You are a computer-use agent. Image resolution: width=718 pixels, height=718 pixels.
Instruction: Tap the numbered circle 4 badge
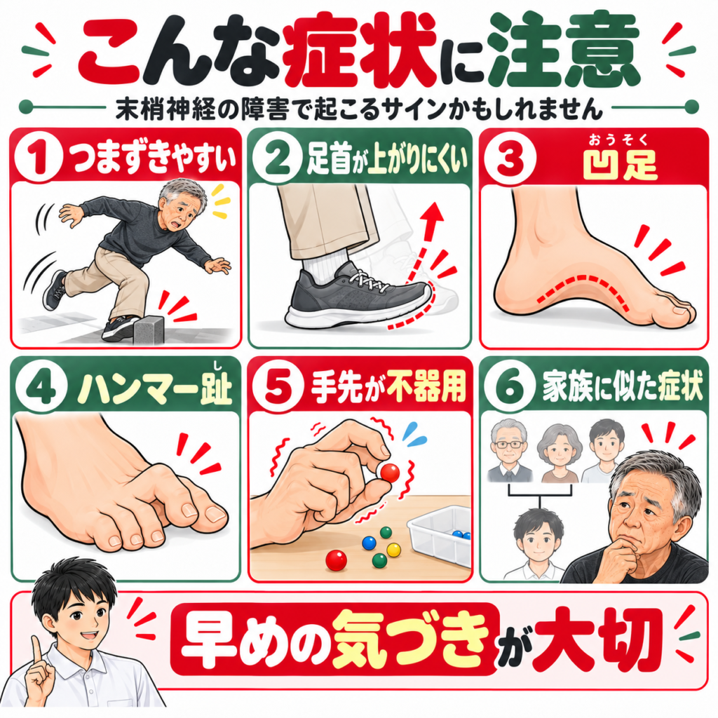tap(40, 390)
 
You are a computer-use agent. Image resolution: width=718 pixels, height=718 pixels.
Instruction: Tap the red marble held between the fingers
tap(390, 473)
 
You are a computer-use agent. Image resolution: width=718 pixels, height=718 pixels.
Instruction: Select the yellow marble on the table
tap(394, 550)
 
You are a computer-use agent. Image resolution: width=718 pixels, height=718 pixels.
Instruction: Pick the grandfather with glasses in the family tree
tap(509, 451)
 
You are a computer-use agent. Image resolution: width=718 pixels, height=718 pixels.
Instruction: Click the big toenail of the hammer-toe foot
tap(215, 515)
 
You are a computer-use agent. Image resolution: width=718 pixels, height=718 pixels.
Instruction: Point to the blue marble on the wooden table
tap(369, 543)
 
